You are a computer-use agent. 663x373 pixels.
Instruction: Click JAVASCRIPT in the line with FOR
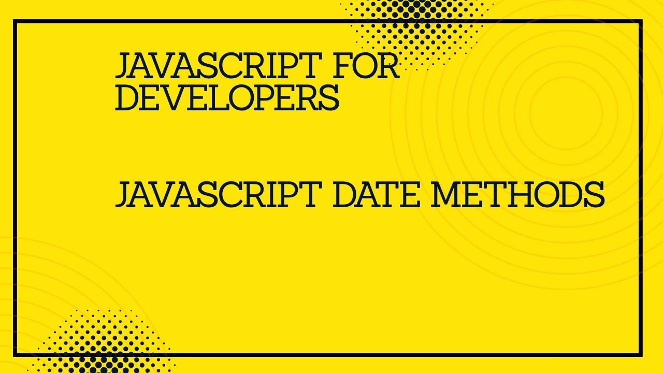pyautogui.click(x=214, y=66)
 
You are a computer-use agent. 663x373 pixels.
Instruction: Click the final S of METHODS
pyautogui.click(x=594, y=194)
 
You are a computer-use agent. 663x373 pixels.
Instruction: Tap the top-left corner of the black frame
pyautogui.click(x=15, y=21)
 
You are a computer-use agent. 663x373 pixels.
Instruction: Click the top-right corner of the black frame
pyautogui.click(x=641, y=21)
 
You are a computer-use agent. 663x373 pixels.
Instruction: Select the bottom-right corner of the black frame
pyautogui.click(x=641, y=355)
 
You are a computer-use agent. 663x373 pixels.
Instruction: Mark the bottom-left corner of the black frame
pyautogui.click(x=15, y=355)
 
